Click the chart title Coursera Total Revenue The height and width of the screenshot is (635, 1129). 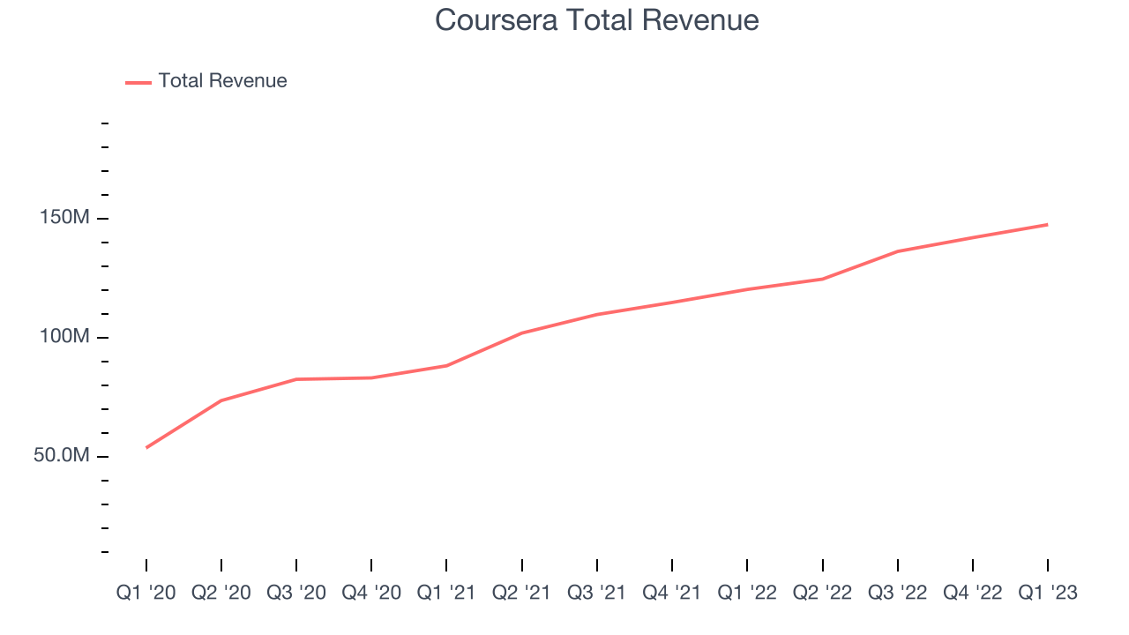click(597, 20)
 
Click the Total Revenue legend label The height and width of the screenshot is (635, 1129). click(222, 81)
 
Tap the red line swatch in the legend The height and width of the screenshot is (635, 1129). click(138, 82)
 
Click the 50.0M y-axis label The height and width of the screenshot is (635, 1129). click(64, 456)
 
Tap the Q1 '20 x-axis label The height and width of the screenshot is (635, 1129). click(146, 593)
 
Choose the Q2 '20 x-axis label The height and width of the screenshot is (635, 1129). click(221, 593)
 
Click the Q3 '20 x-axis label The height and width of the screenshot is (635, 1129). click(296, 593)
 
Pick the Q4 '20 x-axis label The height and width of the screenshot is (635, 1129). click(371, 593)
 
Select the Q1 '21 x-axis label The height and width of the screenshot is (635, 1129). click(446, 593)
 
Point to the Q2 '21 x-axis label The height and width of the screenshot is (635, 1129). click(522, 593)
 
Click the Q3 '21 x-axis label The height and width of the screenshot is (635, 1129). click(597, 593)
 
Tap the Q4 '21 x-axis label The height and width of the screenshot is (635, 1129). click(672, 593)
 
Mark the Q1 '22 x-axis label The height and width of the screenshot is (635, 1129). click(747, 593)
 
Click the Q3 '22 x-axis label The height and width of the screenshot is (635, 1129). click(898, 593)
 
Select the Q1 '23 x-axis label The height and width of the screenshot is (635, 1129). click(1048, 593)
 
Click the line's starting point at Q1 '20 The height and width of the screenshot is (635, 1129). click(146, 447)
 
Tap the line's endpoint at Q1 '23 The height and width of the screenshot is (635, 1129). click(1047, 225)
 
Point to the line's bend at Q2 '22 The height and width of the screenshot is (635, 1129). click(822, 280)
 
